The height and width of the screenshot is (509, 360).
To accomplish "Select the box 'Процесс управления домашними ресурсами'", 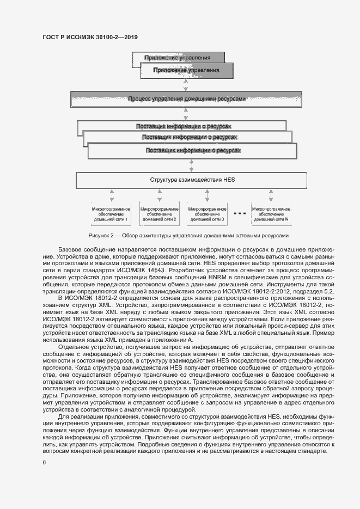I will [187, 100].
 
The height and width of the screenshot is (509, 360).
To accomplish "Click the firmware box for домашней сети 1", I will [111, 213].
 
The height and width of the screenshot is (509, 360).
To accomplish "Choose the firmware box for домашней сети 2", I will [159, 213].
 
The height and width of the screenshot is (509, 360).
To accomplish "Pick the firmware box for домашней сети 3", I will [207, 213].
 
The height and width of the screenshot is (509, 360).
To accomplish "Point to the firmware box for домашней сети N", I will [271, 213].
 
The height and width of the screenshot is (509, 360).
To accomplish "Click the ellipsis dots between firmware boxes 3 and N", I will [239, 213].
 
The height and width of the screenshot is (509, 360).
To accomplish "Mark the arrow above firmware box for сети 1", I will [111, 195].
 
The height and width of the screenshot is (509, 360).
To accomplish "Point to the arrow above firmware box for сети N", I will [271, 195].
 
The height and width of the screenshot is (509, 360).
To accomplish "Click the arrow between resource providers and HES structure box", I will [190, 165].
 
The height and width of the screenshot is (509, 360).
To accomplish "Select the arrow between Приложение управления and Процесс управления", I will [186, 85].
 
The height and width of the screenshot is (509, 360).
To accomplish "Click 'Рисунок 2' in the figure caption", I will [101, 235].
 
